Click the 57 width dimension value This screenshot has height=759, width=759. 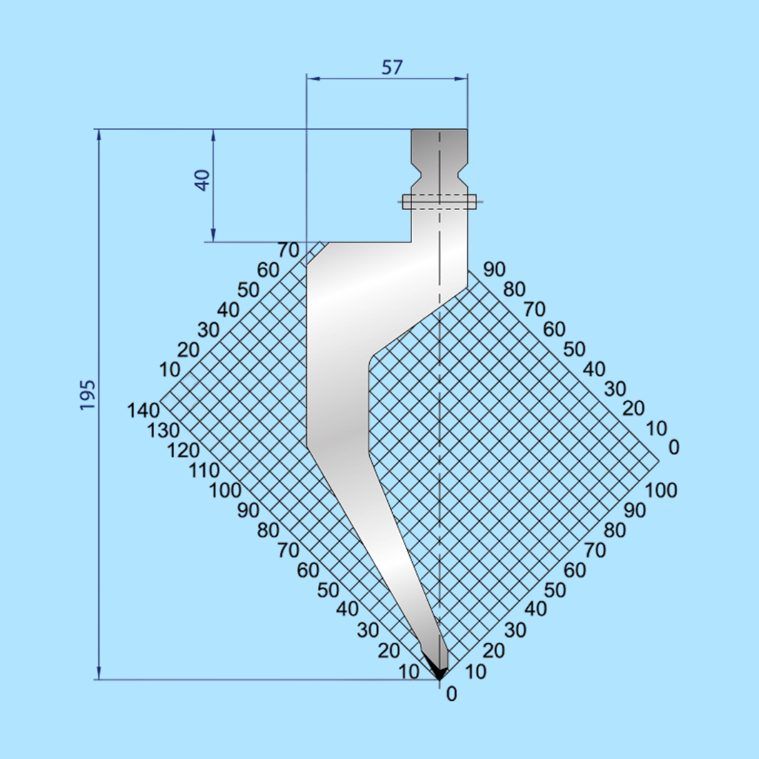(x=392, y=68)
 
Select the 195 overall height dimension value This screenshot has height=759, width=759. (x=88, y=395)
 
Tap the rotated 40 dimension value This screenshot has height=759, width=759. (x=202, y=181)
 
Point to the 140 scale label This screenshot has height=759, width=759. (x=144, y=411)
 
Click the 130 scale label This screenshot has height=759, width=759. (x=164, y=431)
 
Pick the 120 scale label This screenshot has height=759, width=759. (x=184, y=451)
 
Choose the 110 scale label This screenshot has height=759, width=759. (x=204, y=471)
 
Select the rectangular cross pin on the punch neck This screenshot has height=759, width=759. (x=440, y=201)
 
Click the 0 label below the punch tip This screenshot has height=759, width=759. (x=451, y=694)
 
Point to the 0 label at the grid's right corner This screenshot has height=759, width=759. (x=673, y=448)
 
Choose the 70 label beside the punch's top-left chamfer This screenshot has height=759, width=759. (x=288, y=250)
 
